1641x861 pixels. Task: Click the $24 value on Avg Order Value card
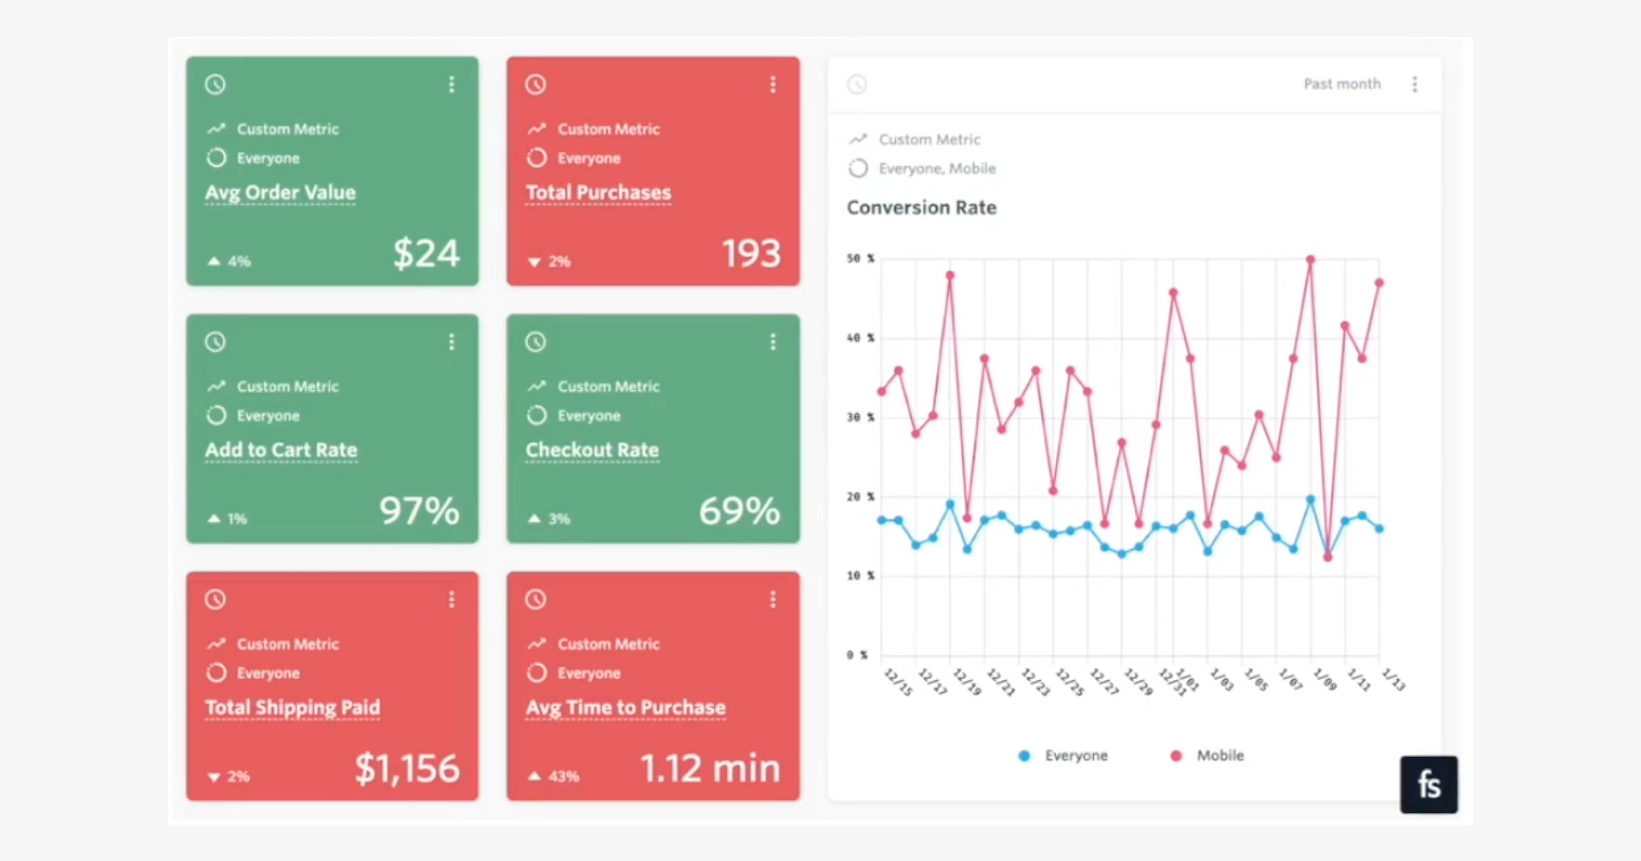pos(426,253)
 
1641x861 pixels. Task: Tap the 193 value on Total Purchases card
pos(750,253)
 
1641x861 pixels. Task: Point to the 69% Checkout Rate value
pos(739,511)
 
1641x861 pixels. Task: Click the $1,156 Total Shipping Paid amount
pos(407,768)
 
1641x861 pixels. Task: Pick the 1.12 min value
pos(710,768)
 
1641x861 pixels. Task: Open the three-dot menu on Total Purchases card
pos(773,85)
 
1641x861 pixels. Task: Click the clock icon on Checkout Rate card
pos(536,342)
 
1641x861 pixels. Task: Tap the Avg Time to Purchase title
pos(625,707)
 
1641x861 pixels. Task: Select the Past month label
pos(1342,84)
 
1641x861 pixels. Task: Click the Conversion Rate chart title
pos(921,208)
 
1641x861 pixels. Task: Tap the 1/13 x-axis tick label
pos(1393,680)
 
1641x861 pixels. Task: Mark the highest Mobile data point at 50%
pos(1311,260)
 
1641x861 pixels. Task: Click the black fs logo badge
pos(1428,784)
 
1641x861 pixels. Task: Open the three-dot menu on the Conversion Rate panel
pos(1415,85)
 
